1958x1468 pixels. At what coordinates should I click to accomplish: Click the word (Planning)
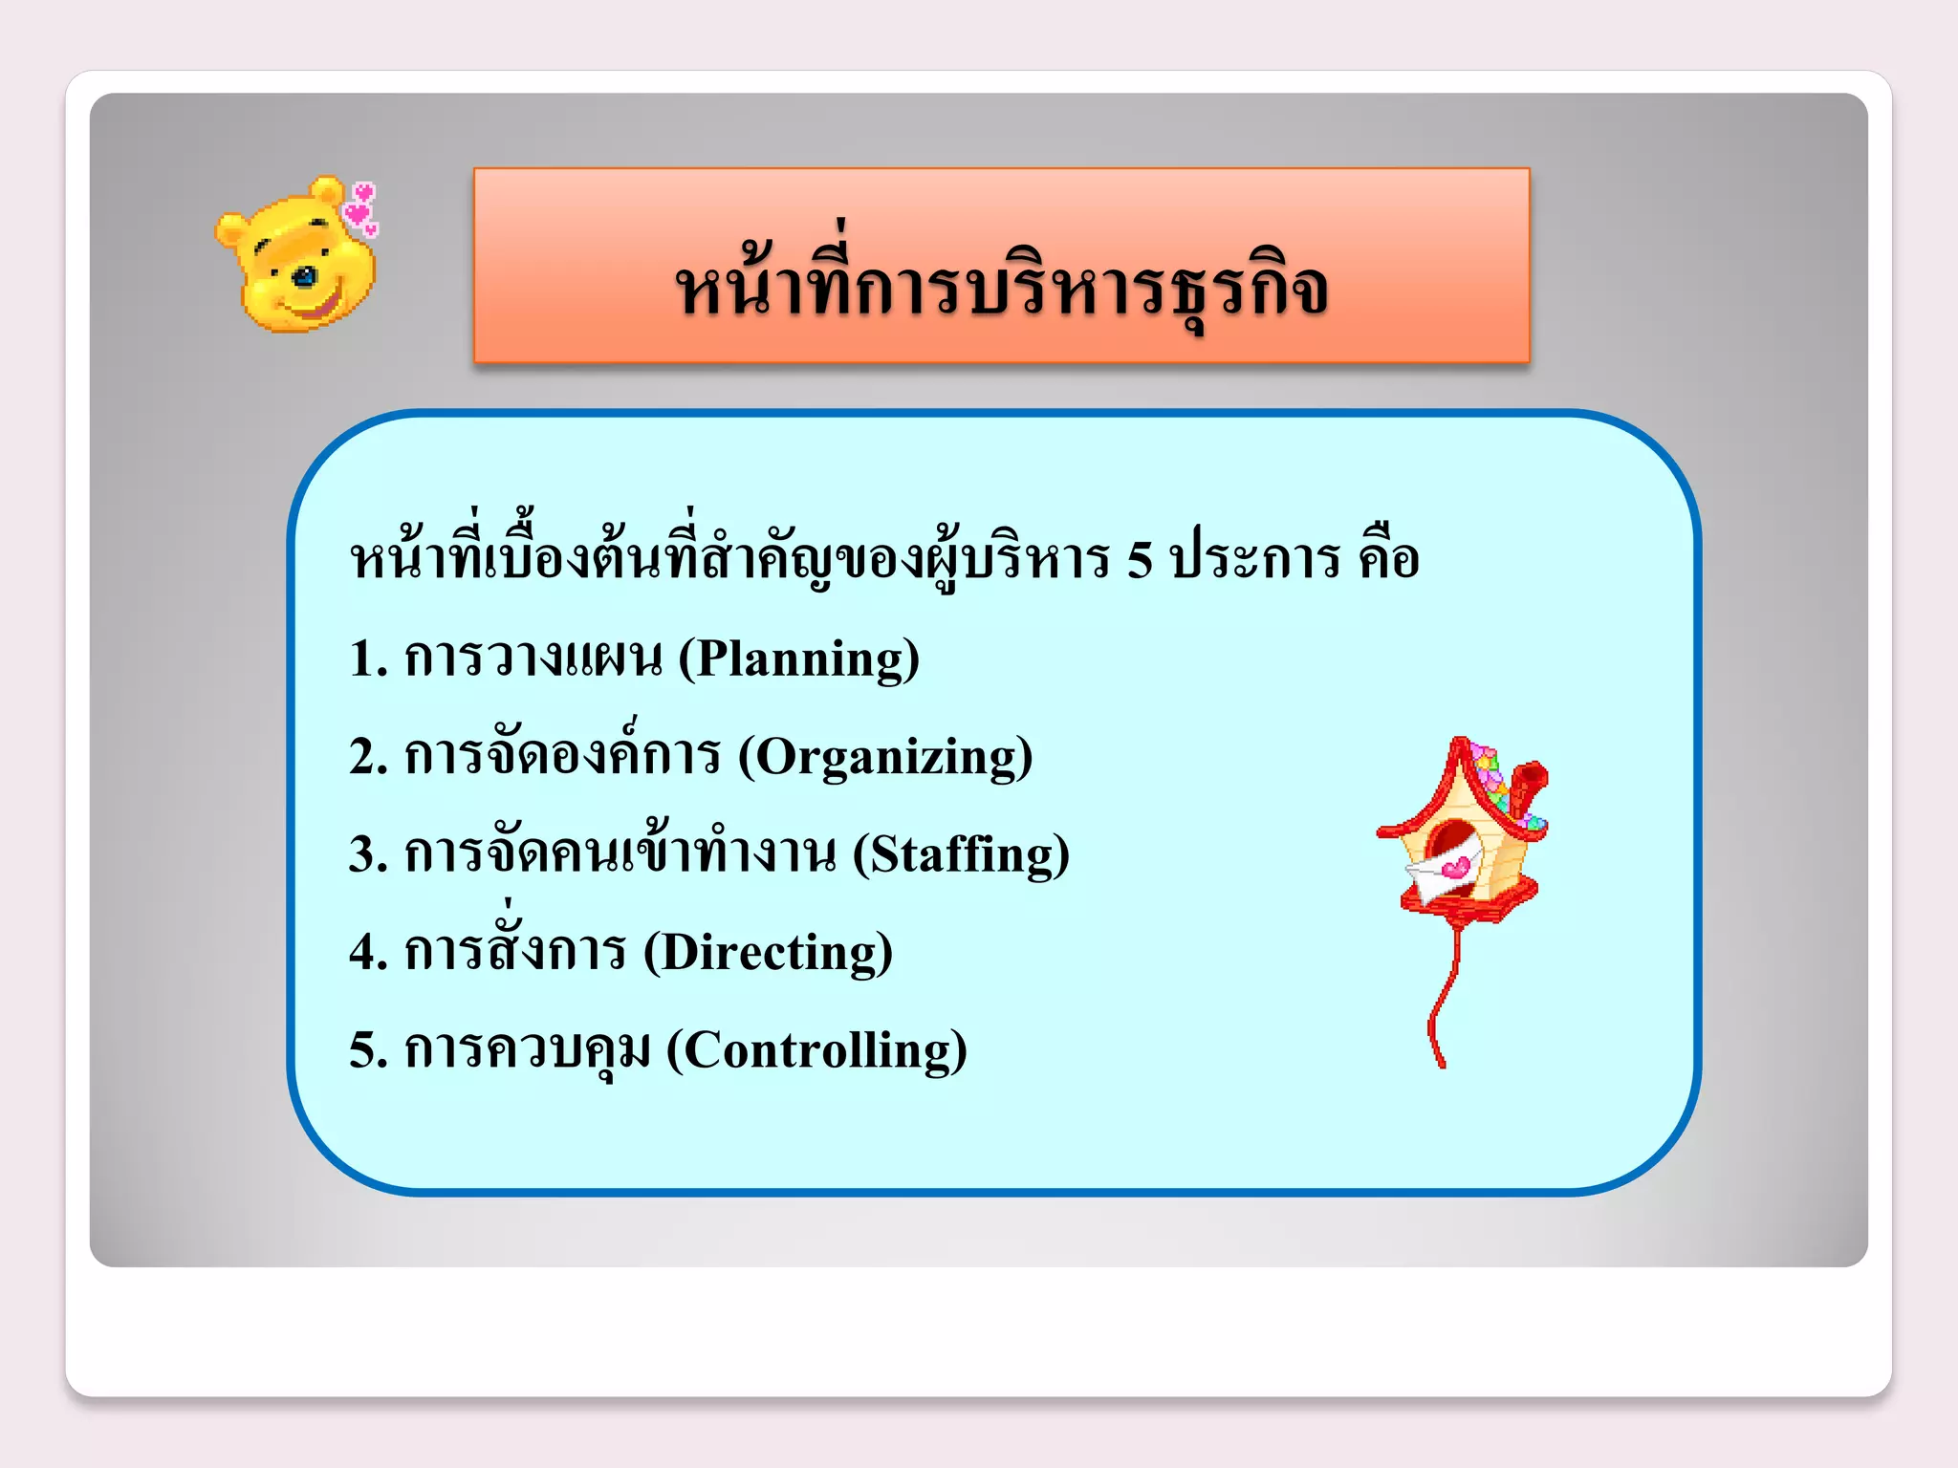click(x=799, y=659)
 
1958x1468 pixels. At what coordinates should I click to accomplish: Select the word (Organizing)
click(x=885, y=757)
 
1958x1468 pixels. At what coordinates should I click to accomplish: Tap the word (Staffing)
click(x=961, y=854)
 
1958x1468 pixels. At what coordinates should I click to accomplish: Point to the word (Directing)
click(x=768, y=953)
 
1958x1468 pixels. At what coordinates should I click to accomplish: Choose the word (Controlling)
click(x=816, y=1050)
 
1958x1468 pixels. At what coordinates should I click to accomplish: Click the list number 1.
click(x=363, y=659)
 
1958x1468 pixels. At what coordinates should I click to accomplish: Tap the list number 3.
click(x=363, y=854)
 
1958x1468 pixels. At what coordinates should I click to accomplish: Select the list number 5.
click(x=363, y=1050)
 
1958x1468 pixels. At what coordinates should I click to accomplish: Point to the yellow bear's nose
click(x=304, y=278)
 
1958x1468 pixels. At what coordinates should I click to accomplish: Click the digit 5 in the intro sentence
click(x=1140, y=560)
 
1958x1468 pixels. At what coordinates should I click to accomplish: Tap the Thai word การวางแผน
click(x=533, y=659)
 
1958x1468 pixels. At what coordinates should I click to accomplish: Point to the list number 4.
click(x=363, y=953)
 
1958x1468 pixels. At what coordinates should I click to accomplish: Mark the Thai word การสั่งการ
click(x=515, y=948)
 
